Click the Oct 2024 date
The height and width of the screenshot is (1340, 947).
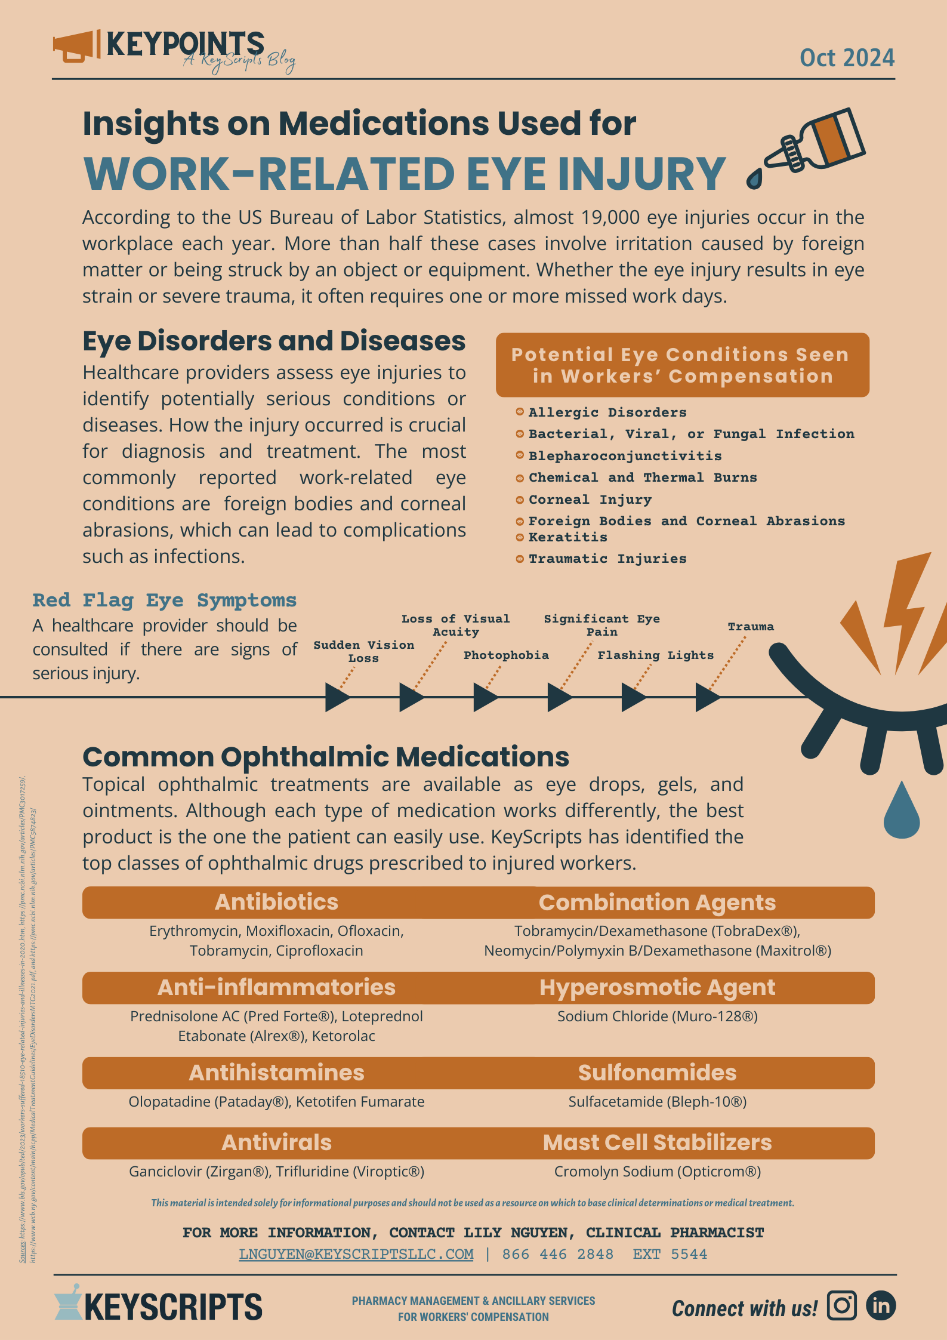pyautogui.click(x=847, y=58)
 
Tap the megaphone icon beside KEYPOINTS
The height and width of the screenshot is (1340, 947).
pyautogui.click(x=76, y=47)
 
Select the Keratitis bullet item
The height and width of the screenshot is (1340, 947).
pyautogui.click(x=567, y=537)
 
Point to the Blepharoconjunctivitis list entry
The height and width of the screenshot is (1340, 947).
pyautogui.click(x=625, y=456)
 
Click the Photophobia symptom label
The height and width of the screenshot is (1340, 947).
pyautogui.click(x=506, y=655)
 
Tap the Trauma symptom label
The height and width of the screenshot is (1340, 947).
pyautogui.click(x=751, y=627)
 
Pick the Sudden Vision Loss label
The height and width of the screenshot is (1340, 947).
pyautogui.click(x=364, y=651)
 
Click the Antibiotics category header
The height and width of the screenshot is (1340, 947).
pyautogui.click(x=276, y=902)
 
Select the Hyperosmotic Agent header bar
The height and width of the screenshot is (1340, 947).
pyautogui.click(x=657, y=987)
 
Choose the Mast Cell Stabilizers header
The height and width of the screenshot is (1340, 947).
pyautogui.click(x=657, y=1142)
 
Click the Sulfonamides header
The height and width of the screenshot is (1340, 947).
pyautogui.click(x=657, y=1073)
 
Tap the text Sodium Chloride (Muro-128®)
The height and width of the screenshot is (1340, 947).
pyautogui.click(x=657, y=1016)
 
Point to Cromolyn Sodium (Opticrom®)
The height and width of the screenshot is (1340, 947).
pyautogui.click(x=657, y=1171)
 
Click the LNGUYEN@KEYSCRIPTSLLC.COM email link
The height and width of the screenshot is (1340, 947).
pyautogui.click(x=356, y=1254)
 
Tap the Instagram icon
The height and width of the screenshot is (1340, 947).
pyautogui.click(x=841, y=1305)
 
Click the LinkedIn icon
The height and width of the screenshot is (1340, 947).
pyautogui.click(x=881, y=1305)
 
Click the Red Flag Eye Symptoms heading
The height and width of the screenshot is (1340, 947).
pyautogui.click(x=165, y=600)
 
